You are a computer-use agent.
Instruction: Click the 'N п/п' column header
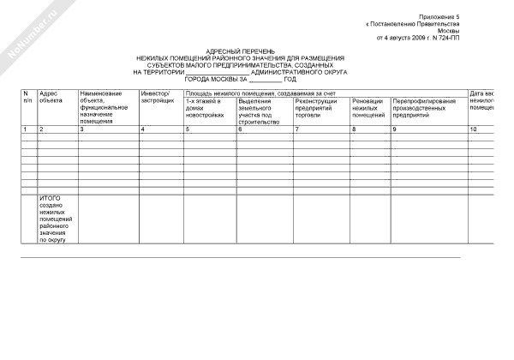pyautogui.click(x=27, y=96)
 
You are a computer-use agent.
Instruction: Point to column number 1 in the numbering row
pyautogui.click(x=25, y=129)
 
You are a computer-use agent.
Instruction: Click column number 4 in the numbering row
pyautogui.click(x=142, y=129)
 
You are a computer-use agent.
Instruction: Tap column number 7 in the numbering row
pyautogui.click(x=297, y=129)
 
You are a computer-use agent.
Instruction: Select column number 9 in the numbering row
pyautogui.click(x=395, y=129)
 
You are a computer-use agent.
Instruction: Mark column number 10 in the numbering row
pyautogui.click(x=473, y=129)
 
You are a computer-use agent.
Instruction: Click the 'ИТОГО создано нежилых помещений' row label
pyautogui.click(x=57, y=219)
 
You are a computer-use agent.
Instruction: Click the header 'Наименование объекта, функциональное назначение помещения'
pyautogui.click(x=104, y=107)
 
